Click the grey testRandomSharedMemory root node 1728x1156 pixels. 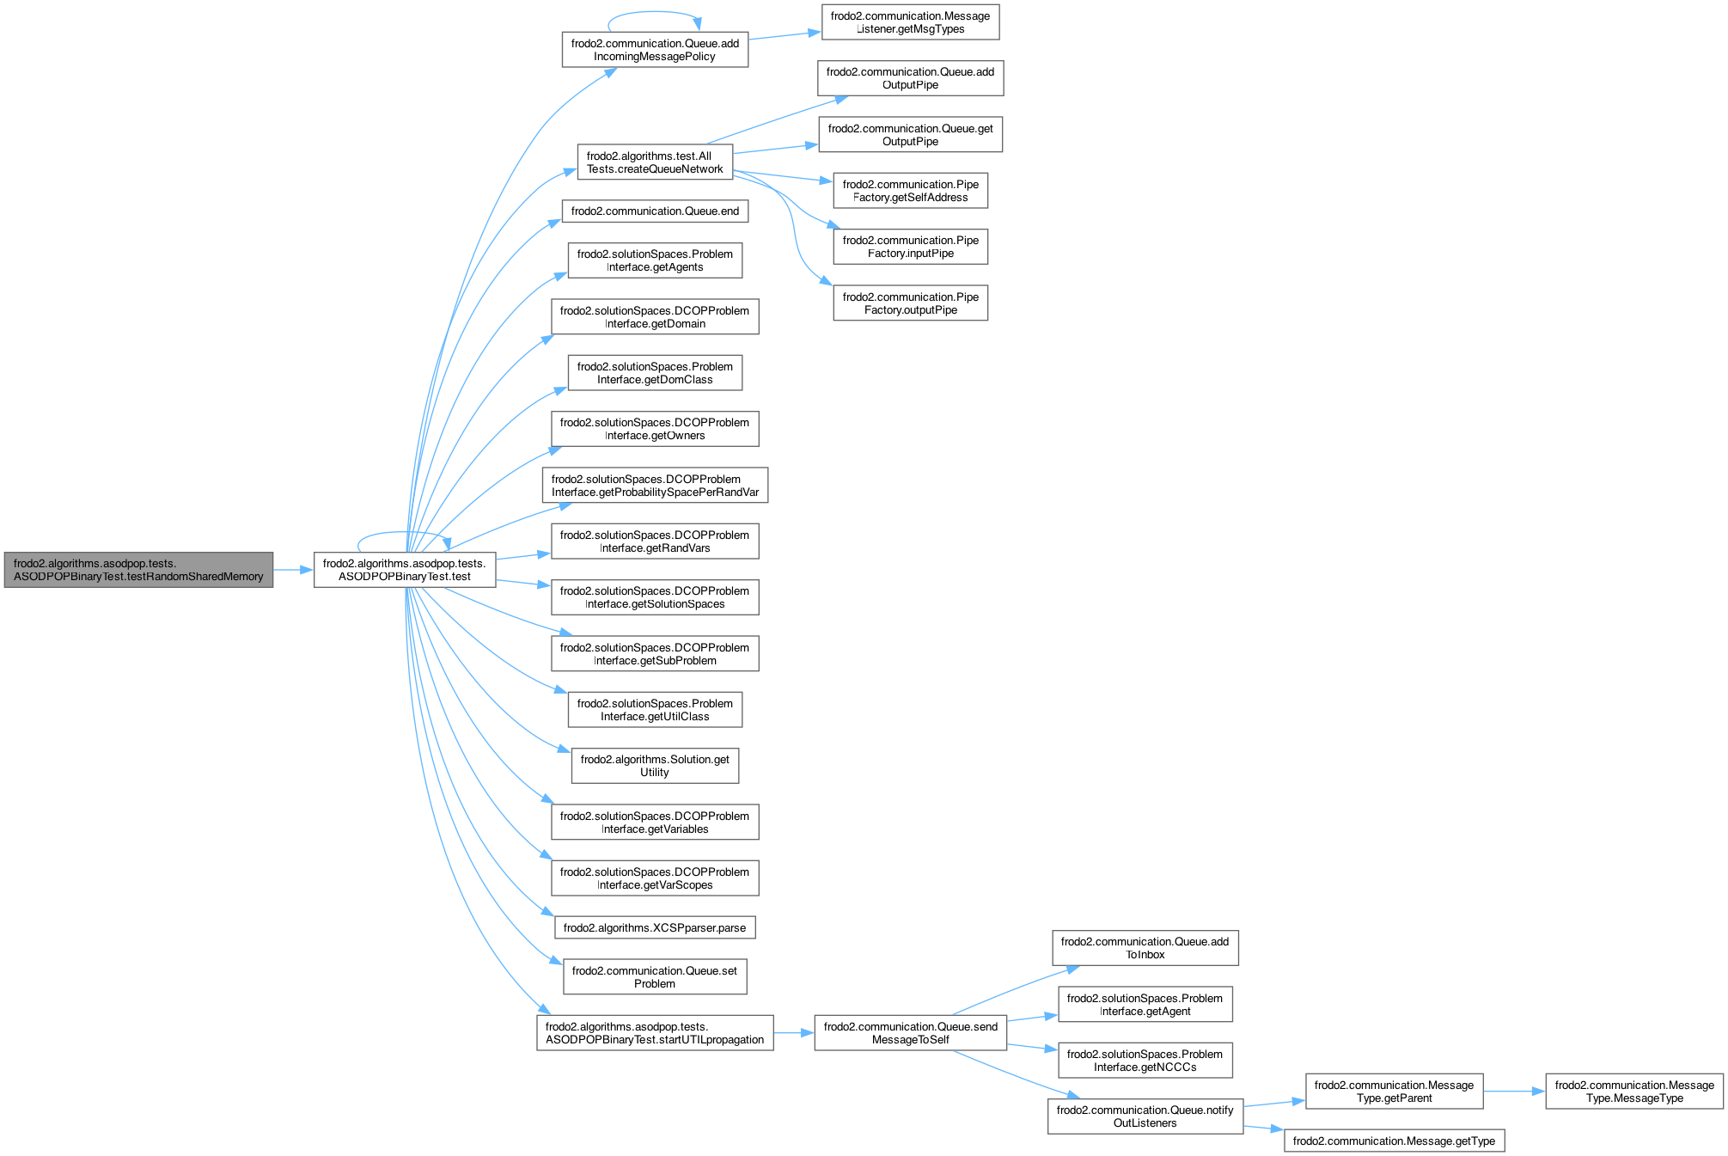138,570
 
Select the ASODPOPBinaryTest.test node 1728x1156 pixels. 405,570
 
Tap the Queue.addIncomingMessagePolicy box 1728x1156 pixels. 655,50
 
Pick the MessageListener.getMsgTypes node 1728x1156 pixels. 910,22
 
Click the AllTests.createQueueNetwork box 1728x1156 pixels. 655,162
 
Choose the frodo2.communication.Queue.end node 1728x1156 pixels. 655,211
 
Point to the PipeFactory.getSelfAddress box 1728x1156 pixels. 910,191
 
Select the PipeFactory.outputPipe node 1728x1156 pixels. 910,303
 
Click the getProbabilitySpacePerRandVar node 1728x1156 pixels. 655,486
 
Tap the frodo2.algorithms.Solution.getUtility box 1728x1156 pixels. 655,766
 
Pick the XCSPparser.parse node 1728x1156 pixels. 655,928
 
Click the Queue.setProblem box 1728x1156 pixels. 655,977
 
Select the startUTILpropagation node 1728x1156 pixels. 655,1033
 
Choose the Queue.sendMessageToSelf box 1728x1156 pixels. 910,1033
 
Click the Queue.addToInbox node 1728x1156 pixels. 1145,948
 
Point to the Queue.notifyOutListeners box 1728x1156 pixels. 1145,1116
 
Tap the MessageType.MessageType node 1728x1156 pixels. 1634,1092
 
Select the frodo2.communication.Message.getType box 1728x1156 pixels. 1394,1141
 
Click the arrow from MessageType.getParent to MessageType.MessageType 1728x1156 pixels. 1514,1092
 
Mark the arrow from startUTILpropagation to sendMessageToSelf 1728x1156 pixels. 794,1033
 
